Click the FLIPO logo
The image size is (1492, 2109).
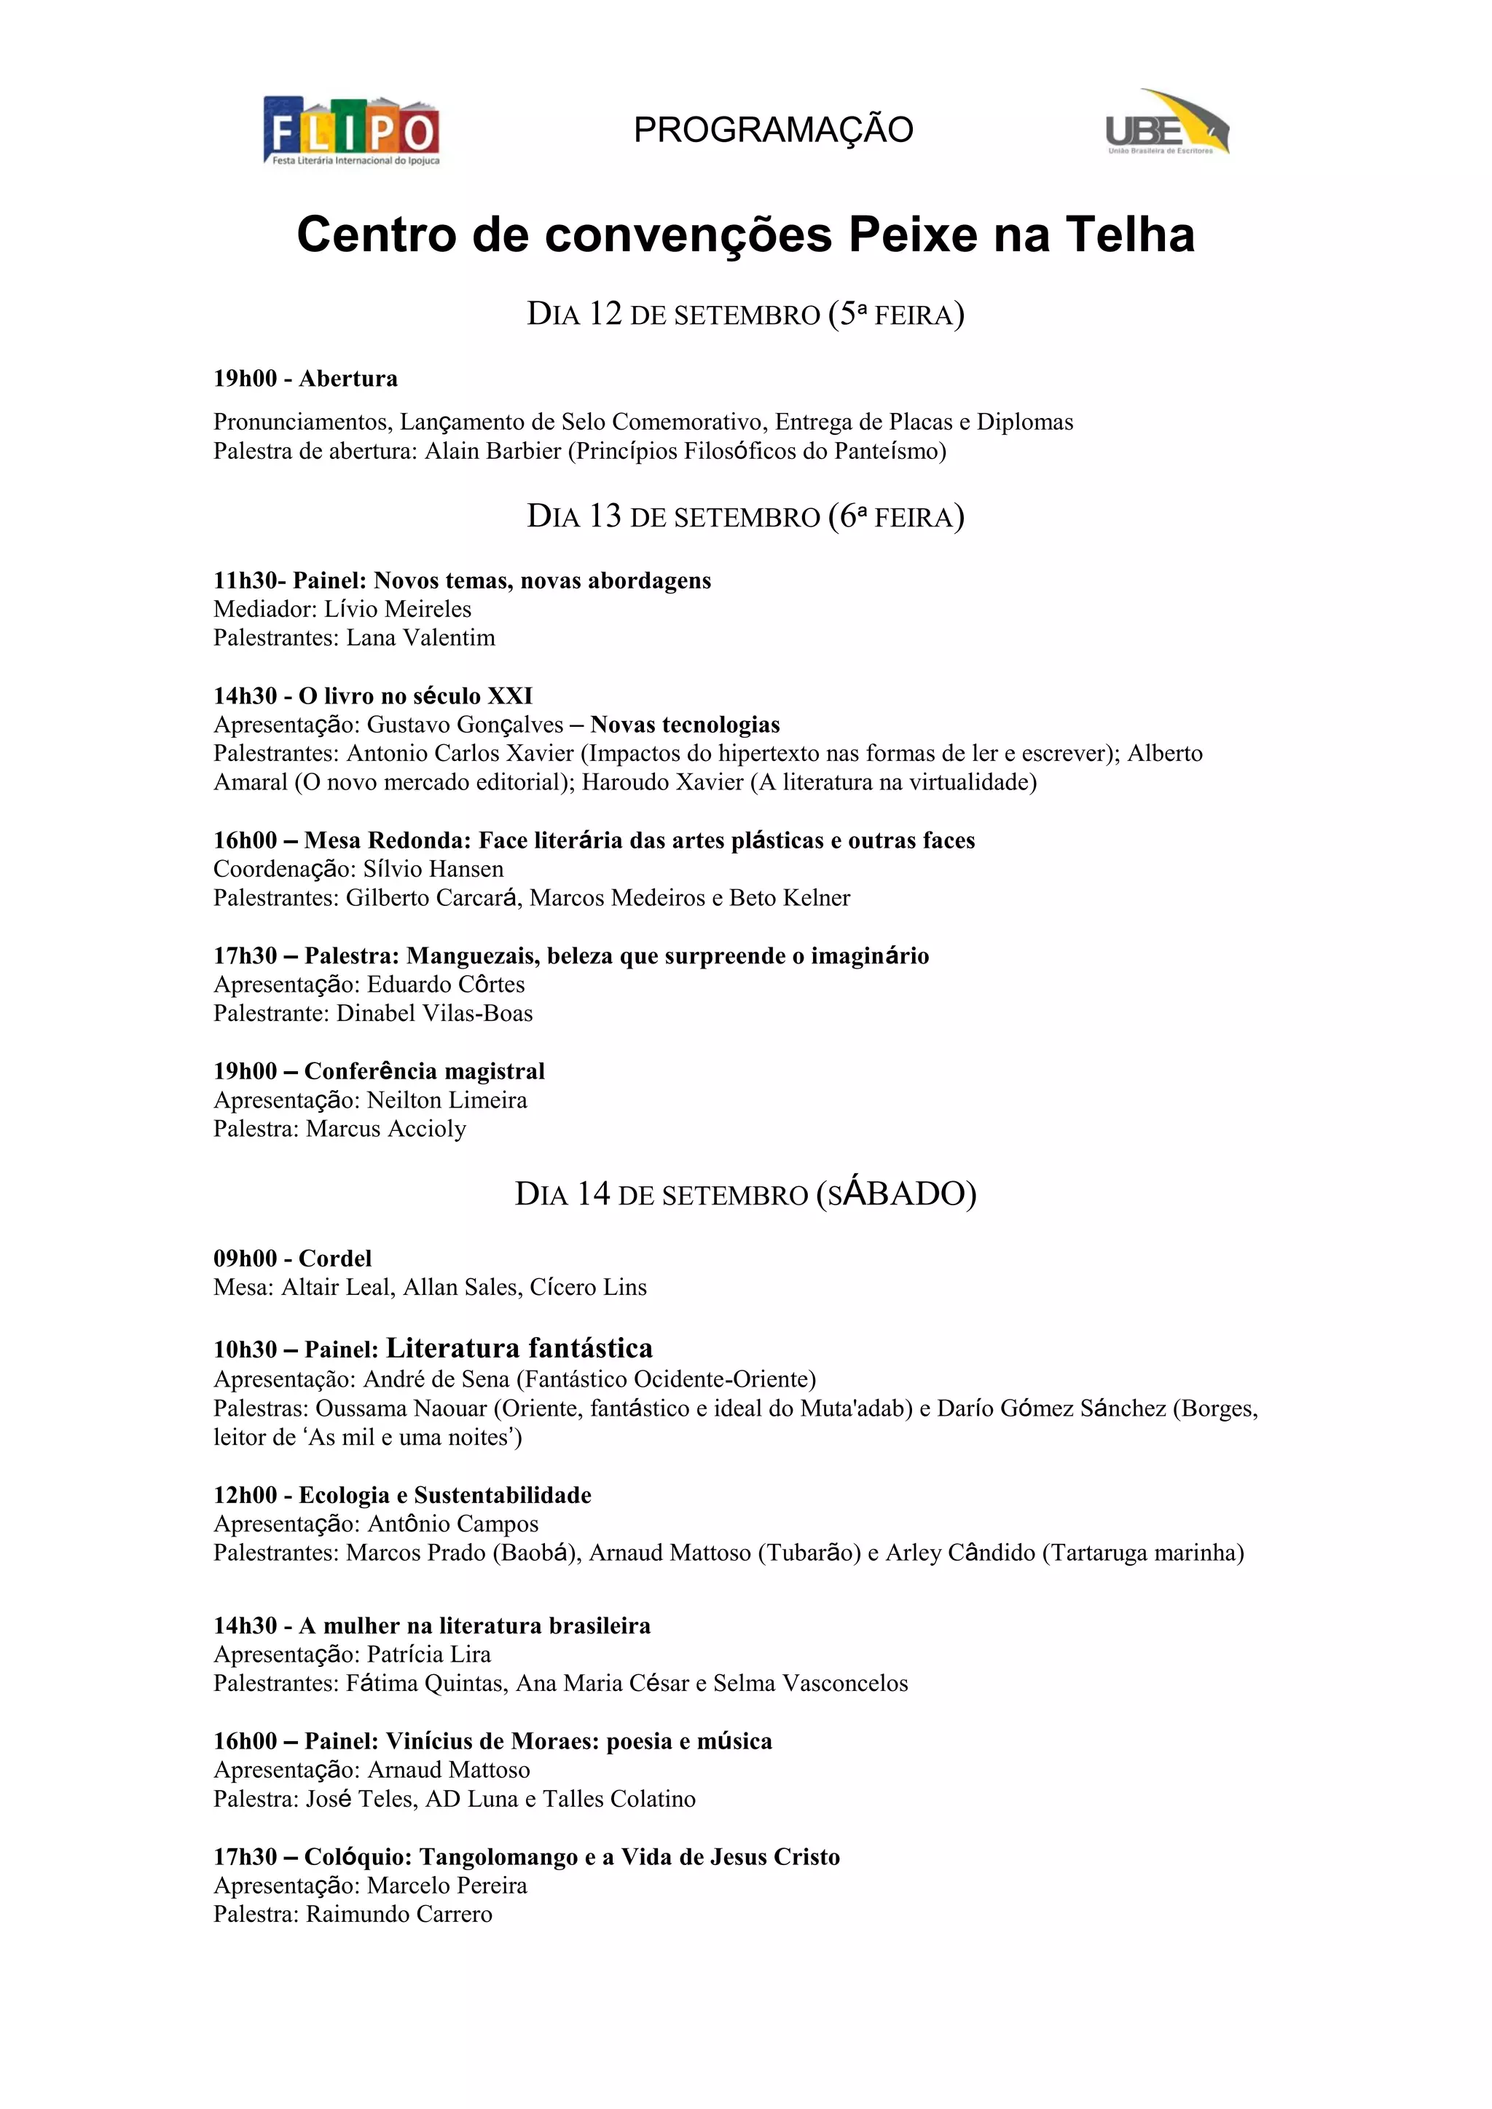(x=352, y=131)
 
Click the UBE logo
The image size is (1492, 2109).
(x=1167, y=123)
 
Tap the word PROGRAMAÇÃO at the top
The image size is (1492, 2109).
(x=773, y=130)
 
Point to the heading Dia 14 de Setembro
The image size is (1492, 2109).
(x=745, y=1194)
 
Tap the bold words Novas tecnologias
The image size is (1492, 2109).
(x=685, y=725)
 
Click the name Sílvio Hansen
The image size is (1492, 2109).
(x=433, y=869)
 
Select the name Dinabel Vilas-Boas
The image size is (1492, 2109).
(x=434, y=1013)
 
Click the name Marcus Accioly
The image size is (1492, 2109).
(x=386, y=1129)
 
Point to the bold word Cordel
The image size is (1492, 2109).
(x=335, y=1258)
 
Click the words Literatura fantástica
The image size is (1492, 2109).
(x=519, y=1349)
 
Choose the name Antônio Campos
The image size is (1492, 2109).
(x=453, y=1524)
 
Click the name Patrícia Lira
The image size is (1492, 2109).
(x=429, y=1655)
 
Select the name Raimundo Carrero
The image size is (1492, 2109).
(x=398, y=1915)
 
